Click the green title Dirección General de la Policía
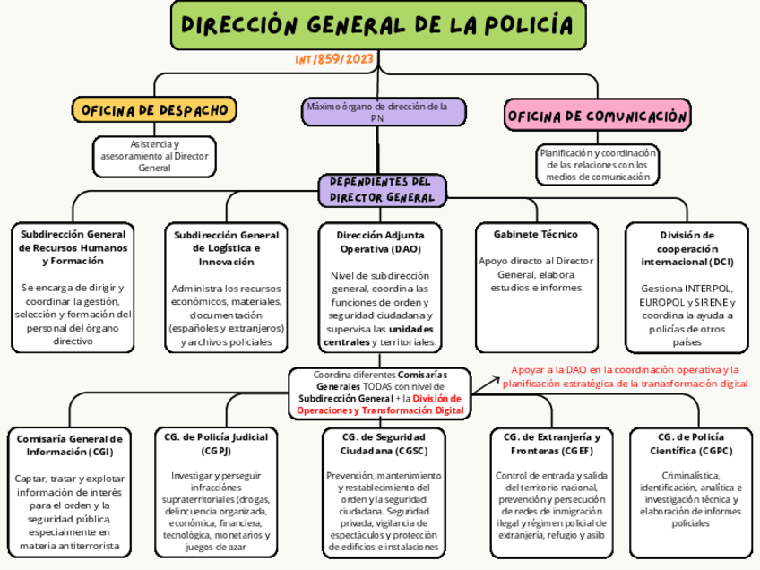378,25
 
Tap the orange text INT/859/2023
334,59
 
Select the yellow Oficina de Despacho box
155,109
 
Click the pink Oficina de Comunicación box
598,117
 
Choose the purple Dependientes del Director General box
382,189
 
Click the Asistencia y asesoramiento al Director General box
155,156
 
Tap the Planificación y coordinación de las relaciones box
598,165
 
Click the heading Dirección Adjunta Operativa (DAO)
380,241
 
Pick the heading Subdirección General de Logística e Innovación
227,247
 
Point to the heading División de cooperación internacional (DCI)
687,247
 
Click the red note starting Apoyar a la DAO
625,376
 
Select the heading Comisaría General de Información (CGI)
69,445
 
